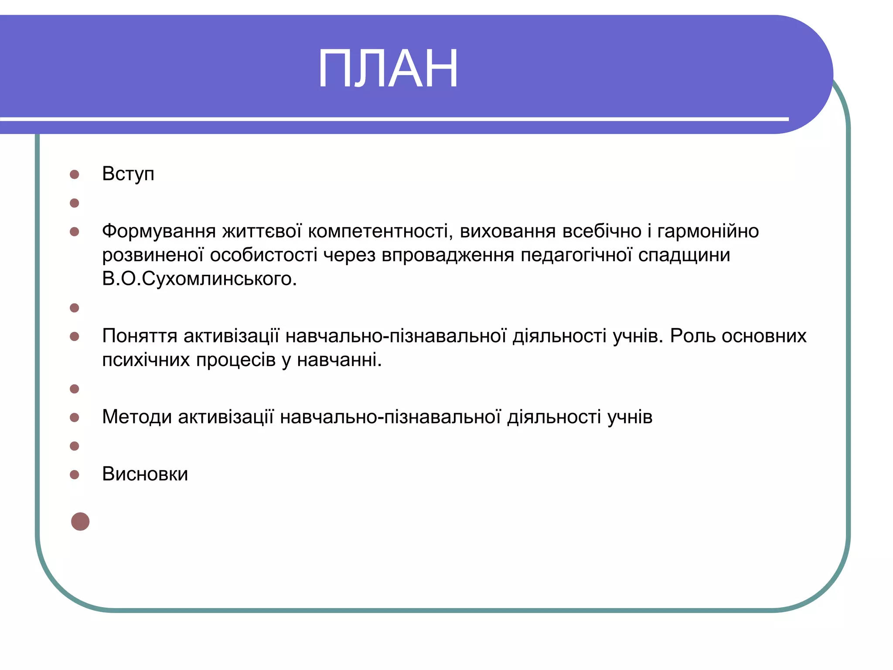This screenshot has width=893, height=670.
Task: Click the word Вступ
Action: pos(128,174)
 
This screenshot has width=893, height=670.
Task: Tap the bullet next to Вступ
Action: pos(75,174)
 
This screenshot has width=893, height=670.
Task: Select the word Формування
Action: pos(159,231)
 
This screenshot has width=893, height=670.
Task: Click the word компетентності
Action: pos(378,231)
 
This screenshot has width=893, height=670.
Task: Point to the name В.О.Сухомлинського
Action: pos(199,279)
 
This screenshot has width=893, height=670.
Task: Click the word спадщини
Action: pos(684,255)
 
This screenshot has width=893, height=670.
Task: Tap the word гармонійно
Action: pos(708,231)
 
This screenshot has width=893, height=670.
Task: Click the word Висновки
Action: pos(145,474)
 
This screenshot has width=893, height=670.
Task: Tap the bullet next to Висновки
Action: pos(75,475)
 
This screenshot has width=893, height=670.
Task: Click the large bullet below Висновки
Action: pos(80,521)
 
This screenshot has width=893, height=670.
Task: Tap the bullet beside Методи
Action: pos(75,417)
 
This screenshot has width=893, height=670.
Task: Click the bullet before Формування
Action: pos(75,232)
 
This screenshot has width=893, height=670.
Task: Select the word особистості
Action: pos(263,255)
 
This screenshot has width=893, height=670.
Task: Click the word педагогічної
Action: pos(576,255)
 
